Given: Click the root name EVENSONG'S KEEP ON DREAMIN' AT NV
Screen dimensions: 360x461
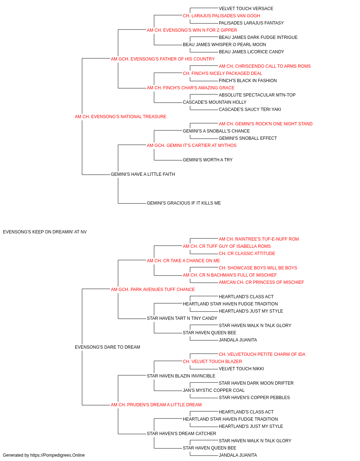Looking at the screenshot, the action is pos(45,232).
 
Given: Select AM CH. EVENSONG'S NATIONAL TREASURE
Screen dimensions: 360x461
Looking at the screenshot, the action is pos(121,117).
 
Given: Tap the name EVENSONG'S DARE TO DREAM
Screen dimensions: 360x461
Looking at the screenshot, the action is pos(107,347).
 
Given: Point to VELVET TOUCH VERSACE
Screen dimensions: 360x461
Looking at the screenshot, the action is pos(246,9).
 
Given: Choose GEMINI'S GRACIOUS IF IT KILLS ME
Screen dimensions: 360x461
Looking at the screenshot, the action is pos(184,203).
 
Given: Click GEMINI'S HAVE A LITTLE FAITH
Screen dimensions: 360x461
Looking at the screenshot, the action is pos(143,174).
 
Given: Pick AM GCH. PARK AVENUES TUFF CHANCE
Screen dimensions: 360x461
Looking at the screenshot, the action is pos(153,290).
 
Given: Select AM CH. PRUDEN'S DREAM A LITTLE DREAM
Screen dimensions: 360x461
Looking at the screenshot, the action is pos(156,405).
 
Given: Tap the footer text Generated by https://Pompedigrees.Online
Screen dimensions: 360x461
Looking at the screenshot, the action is pos(44,455).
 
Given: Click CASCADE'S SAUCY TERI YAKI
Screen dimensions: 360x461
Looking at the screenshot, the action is pos(250,109).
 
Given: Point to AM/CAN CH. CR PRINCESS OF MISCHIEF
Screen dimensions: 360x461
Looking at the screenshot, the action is pos(261,282).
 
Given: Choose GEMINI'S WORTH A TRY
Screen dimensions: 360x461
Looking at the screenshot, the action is pos(208,160).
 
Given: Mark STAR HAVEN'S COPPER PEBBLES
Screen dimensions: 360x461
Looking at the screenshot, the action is pos(254,398).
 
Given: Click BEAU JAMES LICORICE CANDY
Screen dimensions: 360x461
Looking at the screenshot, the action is pos(251,52).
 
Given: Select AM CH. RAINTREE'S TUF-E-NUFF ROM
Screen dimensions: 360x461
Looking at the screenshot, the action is pos(258,239).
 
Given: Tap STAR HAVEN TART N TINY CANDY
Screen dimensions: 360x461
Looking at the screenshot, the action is pos(182,318).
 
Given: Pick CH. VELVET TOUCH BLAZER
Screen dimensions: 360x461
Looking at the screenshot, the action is pos(212,362).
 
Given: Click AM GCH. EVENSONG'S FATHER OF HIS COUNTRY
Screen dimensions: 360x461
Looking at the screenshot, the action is pos(163,59).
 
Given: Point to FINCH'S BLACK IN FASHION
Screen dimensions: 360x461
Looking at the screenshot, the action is pos(248,81).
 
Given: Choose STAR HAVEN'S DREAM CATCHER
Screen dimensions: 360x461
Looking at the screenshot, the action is pos(181,433).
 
